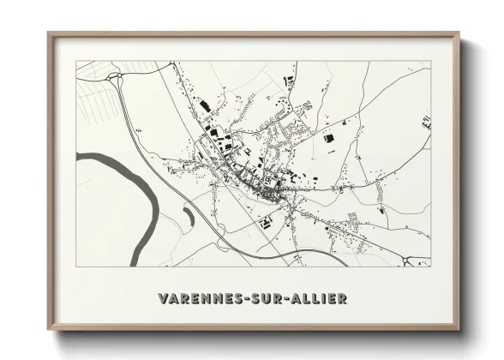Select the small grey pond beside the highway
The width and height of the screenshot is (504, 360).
[x=186, y=219]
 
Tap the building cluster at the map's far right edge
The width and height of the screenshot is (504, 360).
[x=426, y=123]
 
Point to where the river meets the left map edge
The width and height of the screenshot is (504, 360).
[x=79, y=156]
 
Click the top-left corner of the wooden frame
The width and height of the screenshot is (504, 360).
[x=49, y=33]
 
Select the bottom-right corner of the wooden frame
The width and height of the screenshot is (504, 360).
[x=460, y=330]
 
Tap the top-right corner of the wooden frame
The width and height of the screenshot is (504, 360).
[x=460, y=33]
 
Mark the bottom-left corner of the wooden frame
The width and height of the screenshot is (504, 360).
[x=49, y=330]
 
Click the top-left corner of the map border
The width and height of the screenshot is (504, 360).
[x=77, y=61]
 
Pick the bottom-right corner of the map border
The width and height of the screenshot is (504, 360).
[x=431, y=267]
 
